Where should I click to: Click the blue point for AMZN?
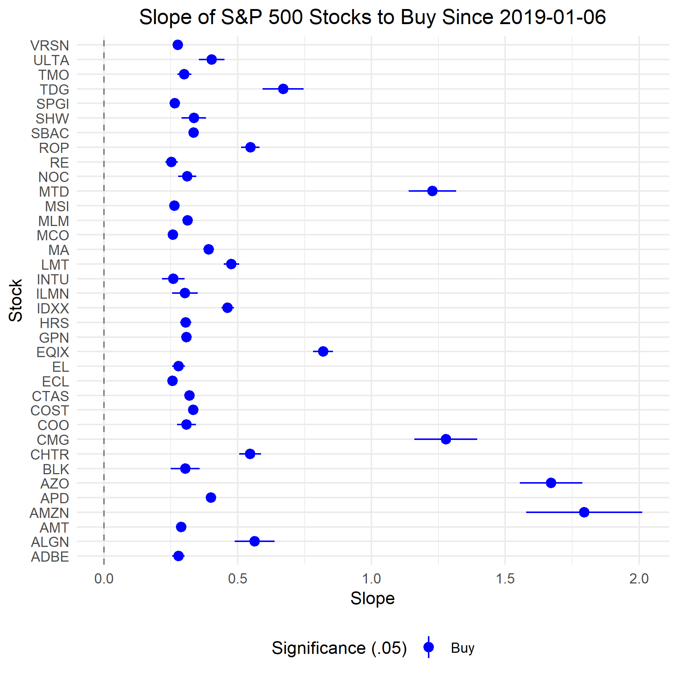[x=584, y=512]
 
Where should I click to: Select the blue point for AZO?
[x=551, y=483]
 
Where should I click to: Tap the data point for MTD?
[x=432, y=191]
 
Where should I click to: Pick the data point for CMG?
[x=446, y=439]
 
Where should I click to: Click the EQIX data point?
[x=323, y=351]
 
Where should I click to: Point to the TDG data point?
[x=283, y=89]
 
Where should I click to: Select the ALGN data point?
[x=254, y=541]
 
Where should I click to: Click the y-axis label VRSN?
[x=50, y=46]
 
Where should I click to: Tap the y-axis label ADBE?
[x=50, y=557]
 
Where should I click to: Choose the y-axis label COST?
[x=50, y=411]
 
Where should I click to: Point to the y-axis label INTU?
[x=53, y=279]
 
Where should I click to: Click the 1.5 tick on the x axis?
[x=505, y=579]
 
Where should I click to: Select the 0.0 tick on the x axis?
[x=104, y=579]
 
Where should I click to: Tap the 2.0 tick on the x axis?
[x=639, y=579]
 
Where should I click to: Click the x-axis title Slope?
[x=372, y=599]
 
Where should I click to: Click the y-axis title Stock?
[x=16, y=300]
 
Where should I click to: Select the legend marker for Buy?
[x=429, y=647]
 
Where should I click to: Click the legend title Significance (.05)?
[x=339, y=648]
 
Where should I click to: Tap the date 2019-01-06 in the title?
[x=553, y=17]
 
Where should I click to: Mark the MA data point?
[x=208, y=249]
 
